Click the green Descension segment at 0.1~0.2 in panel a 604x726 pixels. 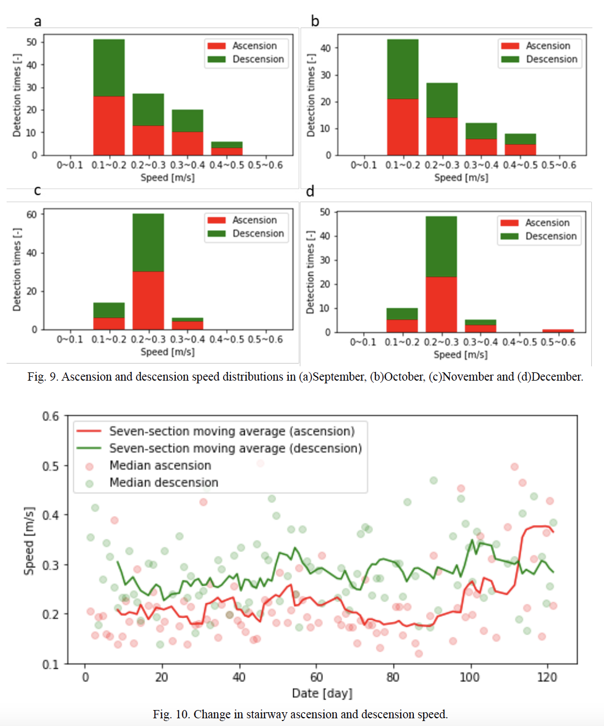[x=109, y=68]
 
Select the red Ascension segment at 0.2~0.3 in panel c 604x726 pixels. [x=148, y=300]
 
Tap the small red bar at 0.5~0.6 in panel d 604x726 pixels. [x=558, y=331]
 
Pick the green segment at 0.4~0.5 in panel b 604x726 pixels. [x=520, y=139]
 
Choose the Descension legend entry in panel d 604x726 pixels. [x=540, y=236]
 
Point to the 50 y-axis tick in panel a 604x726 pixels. [x=32, y=42]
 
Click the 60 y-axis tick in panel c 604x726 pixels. [x=32, y=214]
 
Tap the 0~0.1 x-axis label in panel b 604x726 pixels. [x=364, y=165]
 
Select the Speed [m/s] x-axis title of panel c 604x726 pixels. [x=168, y=352]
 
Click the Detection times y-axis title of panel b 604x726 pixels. [x=311, y=95]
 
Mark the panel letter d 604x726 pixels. [x=310, y=191]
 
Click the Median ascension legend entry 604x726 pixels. [x=160, y=465]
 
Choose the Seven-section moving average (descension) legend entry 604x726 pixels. [x=235, y=448]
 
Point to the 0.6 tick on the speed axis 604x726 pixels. [x=51, y=416]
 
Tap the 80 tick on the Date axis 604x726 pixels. [x=393, y=677]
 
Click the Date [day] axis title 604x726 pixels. [x=322, y=693]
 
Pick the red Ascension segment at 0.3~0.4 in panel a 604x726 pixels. [x=187, y=143]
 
